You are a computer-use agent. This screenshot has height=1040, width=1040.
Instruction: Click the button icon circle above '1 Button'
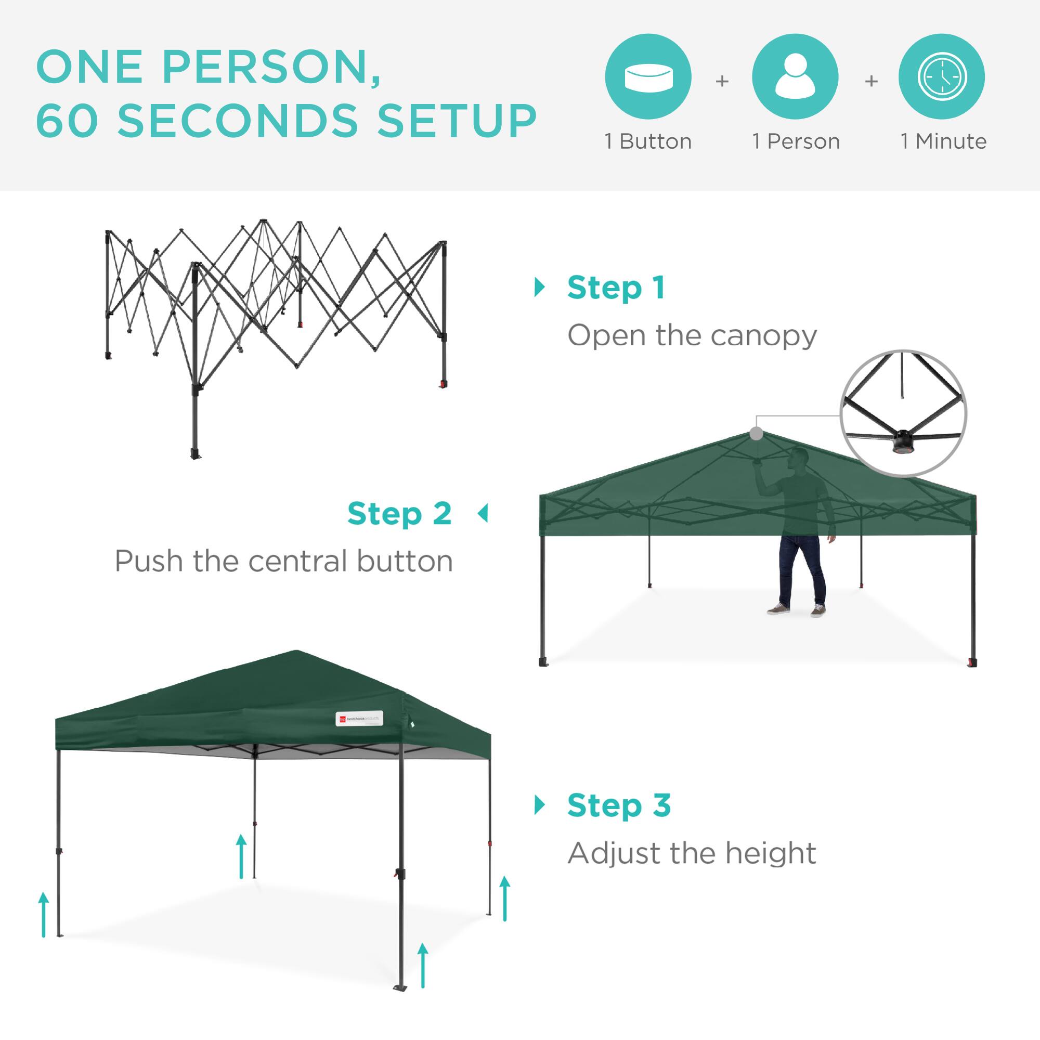(648, 76)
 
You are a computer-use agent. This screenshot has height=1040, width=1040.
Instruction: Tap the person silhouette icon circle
(795, 76)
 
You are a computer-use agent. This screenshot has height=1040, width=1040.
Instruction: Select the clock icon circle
(942, 76)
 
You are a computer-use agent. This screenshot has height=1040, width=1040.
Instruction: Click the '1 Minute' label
(944, 141)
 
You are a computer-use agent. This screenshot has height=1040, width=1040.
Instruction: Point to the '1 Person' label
(796, 141)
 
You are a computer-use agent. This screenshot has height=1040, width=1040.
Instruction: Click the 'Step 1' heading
(616, 288)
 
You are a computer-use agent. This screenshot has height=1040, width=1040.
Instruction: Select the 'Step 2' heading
(399, 514)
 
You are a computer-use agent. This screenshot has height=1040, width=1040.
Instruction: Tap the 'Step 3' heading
(619, 805)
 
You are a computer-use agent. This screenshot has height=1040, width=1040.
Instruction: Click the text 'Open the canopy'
(692, 336)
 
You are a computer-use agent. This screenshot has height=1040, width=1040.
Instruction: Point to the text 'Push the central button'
(284, 562)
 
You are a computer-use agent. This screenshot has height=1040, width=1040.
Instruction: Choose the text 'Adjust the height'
(692, 853)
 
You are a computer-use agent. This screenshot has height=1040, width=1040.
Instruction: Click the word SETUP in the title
(457, 120)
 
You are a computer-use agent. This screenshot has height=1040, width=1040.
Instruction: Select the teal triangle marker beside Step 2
(483, 514)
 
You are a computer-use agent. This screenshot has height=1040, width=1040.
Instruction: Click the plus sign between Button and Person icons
(722, 81)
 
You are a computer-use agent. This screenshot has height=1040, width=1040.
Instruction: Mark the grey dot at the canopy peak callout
(756, 433)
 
